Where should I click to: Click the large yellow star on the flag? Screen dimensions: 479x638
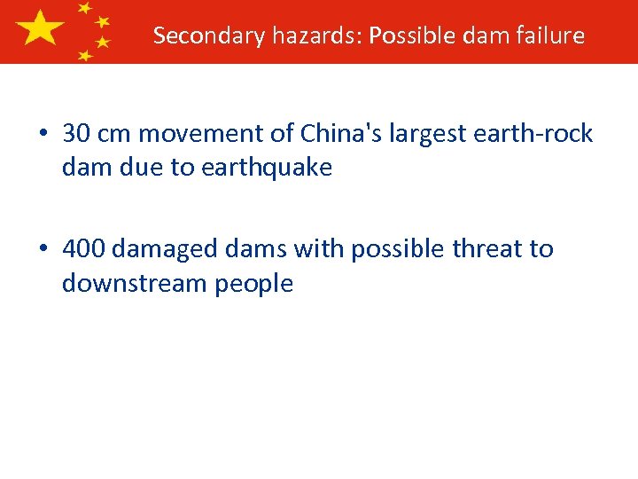40,28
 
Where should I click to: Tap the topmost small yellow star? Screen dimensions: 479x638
85,8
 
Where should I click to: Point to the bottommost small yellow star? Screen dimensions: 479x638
85,55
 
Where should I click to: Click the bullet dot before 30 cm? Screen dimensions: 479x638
43,134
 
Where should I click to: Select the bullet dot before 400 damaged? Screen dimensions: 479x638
43,249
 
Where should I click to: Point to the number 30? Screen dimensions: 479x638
77,134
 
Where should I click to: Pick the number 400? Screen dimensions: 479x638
85,249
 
